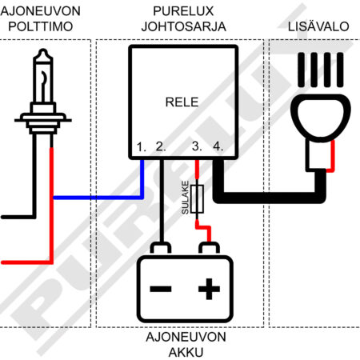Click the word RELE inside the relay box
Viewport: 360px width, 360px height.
click(182, 102)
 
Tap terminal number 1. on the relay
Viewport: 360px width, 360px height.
click(142, 147)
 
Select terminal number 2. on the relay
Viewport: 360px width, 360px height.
click(161, 146)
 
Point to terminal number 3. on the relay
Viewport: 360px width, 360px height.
click(197, 146)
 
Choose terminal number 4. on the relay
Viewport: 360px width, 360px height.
click(218, 146)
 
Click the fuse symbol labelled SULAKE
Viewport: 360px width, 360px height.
click(198, 198)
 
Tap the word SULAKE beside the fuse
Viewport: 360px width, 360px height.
click(185, 198)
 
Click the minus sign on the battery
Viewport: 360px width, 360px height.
click(161, 289)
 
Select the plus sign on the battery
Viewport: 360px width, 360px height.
click(210, 289)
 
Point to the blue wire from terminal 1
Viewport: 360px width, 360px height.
click(98, 198)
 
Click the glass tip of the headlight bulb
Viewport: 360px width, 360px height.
click(43, 53)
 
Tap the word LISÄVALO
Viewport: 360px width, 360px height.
click(318, 26)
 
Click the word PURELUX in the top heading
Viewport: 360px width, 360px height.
click(183, 11)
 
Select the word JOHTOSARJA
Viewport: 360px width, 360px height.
click(184, 26)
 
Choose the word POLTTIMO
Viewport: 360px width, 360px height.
click(41, 26)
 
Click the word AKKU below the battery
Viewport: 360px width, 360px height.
click(186, 352)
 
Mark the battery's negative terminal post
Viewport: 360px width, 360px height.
click(161, 248)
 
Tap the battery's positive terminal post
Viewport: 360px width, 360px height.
click(209, 248)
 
